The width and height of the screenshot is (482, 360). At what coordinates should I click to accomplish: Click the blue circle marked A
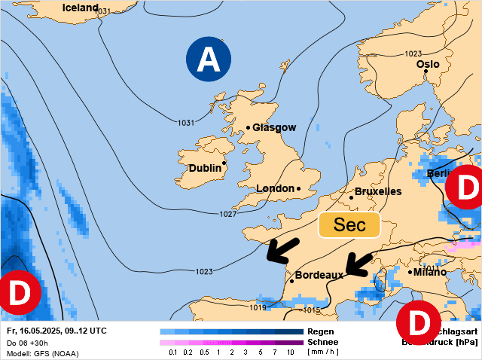coord(207,60)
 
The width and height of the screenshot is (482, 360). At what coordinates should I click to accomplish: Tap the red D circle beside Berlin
coord(466,188)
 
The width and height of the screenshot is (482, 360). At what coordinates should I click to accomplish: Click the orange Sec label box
coord(349,225)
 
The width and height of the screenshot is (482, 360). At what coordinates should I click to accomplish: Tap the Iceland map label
coord(81,8)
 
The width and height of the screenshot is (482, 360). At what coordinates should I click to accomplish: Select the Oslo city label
coord(428,64)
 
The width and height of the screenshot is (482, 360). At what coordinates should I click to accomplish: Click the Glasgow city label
coord(274,128)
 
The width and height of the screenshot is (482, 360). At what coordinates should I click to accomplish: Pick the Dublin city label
coord(205,168)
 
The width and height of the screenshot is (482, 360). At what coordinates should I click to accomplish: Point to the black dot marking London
coord(298,188)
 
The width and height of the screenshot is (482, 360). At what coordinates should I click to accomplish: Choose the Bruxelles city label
coord(378,192)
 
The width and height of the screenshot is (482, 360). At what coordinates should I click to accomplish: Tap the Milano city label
coord(429,272)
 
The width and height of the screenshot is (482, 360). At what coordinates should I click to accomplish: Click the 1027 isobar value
coord(228,215)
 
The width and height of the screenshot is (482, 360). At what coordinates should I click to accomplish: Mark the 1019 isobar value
coord(258,307)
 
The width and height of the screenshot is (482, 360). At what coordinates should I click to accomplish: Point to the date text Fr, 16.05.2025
coord(38,331)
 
